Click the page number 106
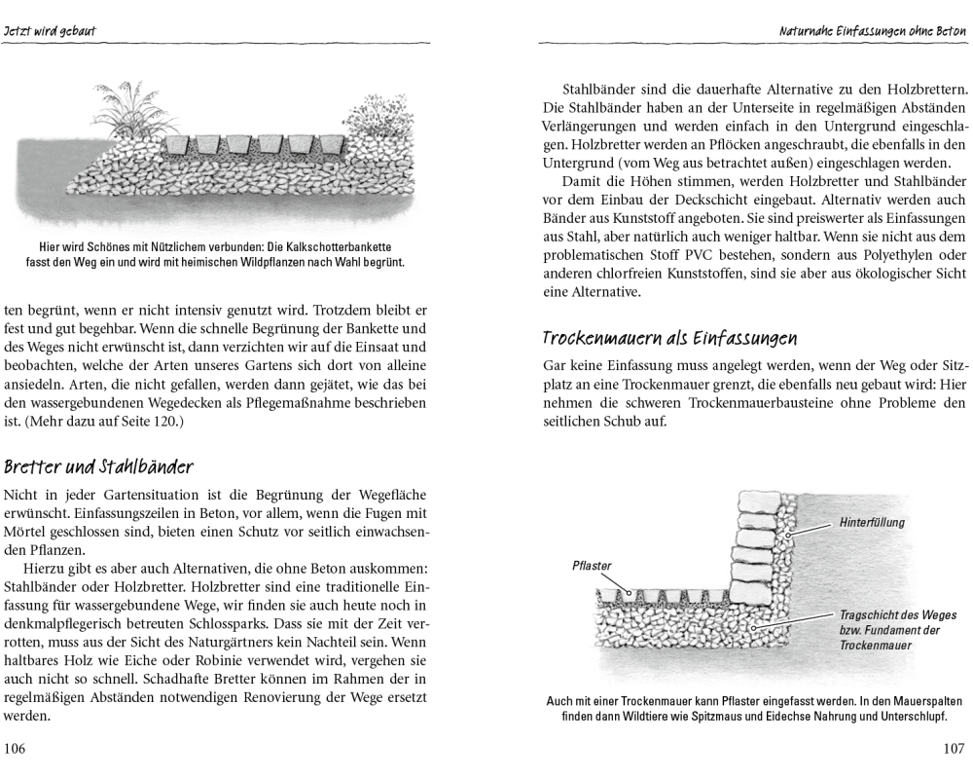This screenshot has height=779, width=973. pos(18,748)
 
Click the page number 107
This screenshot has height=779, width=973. pos(953,748)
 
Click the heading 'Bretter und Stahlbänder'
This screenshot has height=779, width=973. pos(98,466)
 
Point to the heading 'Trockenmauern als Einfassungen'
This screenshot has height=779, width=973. pos(669,338)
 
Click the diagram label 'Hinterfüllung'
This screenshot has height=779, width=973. pos(872,523)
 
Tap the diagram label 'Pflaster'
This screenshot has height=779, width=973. pos(592,565)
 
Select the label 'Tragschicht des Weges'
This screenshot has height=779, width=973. pos(897,614)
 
